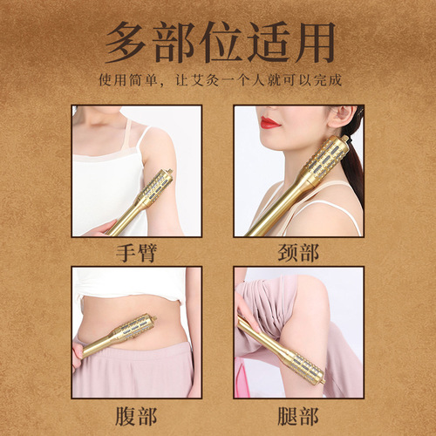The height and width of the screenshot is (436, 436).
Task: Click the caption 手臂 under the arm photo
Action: (137, 253)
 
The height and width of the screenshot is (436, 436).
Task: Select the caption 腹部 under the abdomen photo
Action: (137, 414)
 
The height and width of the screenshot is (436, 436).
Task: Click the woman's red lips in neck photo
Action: (270, 123)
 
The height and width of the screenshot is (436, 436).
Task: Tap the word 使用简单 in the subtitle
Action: (124, 81)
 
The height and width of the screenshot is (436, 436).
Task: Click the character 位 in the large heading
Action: (218, 42)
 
